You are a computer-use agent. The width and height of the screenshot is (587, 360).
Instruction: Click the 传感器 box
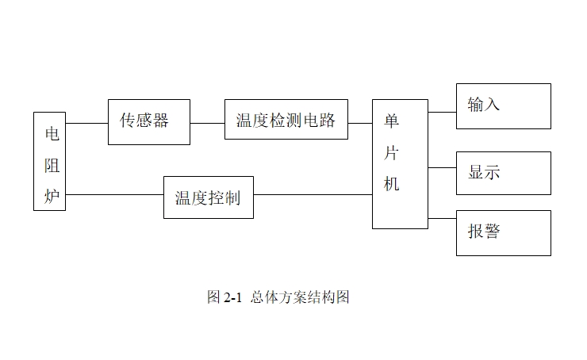tap(149, 121)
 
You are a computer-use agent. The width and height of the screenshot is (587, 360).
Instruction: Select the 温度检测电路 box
tap(286, 120)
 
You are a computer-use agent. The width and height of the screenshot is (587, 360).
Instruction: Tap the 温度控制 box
tap(208, 197)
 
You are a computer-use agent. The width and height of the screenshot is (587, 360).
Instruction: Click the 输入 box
tap(503, 105)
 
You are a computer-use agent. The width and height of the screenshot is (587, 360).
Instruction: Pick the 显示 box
tap(503, 173)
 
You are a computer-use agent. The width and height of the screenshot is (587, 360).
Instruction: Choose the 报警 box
tap(503, 232)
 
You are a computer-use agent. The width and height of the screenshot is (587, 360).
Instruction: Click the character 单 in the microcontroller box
tap(392, 121)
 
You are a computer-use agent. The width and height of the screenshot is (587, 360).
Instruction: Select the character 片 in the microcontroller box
tap(392, 151)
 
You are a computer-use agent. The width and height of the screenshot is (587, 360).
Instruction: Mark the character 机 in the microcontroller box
tap(392, 183)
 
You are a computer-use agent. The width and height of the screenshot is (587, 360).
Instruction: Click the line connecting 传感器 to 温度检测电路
tap(207, 123)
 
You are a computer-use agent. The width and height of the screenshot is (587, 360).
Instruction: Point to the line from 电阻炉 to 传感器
tap(86, 123)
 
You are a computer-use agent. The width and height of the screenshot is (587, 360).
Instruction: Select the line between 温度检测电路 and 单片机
tap(360, 123)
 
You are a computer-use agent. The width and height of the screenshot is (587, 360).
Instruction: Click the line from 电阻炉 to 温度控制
tap(114, 194)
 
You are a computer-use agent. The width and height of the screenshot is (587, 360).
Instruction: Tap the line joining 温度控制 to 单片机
tap(313, 194)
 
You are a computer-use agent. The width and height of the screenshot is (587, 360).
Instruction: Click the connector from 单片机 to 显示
tap(442, 167)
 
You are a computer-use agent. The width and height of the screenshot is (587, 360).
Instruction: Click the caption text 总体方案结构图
tap(300, 297)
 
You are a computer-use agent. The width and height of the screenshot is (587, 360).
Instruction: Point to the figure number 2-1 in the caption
tap(232, 297)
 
